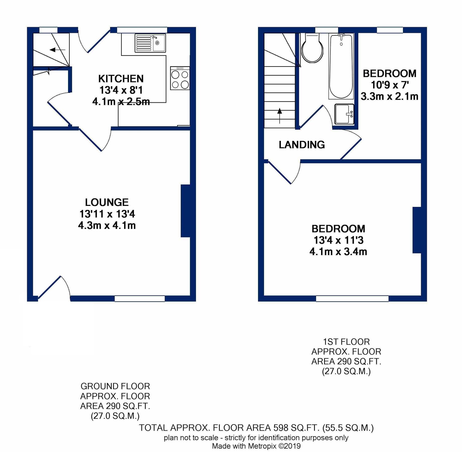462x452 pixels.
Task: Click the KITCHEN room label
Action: point(121,79)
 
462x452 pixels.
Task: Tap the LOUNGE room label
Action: point(107,202)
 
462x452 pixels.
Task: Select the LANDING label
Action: point(302,145)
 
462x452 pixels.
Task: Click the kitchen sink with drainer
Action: point(150,43)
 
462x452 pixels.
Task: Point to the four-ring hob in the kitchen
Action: point(180,79)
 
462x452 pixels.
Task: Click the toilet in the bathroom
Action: point(312,49)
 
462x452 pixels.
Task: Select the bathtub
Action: point(341,67)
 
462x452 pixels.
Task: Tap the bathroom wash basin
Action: point(344,114)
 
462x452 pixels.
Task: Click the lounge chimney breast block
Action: point(185,211)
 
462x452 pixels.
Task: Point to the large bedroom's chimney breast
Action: point(417,230)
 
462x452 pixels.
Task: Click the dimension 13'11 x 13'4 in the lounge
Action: point(107,214)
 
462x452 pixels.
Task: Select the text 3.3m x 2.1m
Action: point(389,96)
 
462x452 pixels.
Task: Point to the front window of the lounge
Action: point(140,299)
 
